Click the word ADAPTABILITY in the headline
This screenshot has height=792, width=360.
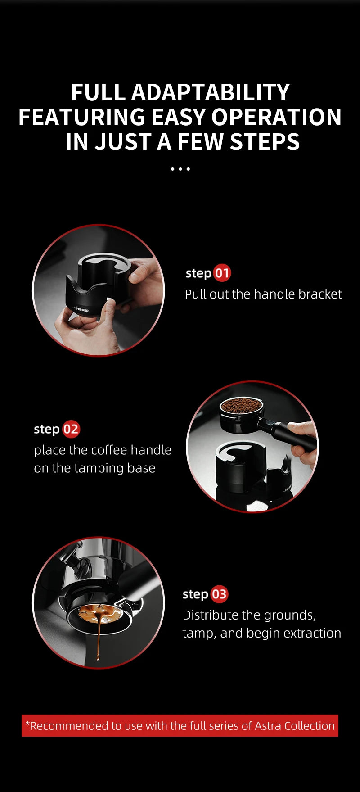pyautogui.click(x=210, y=93)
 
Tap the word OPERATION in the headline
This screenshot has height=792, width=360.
pyautogui.click(x=276, y=117)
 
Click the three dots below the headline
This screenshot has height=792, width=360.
pyautogui.click(x=180, y=169)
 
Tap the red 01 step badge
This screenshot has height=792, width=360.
pyautogui.click(x=221, y=273)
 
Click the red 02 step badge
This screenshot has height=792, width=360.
pyautogui.click(x=71, y=429)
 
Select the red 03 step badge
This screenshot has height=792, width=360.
pyautogui.click(x=219, y=594)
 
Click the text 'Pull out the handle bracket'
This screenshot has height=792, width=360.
pyautogui.click(x=263, y=294)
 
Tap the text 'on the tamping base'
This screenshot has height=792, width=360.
pyautogui.click(x=94, y=468)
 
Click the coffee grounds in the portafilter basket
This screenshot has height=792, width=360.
pyautogui.click(x=241, y=406)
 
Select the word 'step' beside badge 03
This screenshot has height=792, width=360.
pyautogui.click(x=195, y=594)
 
